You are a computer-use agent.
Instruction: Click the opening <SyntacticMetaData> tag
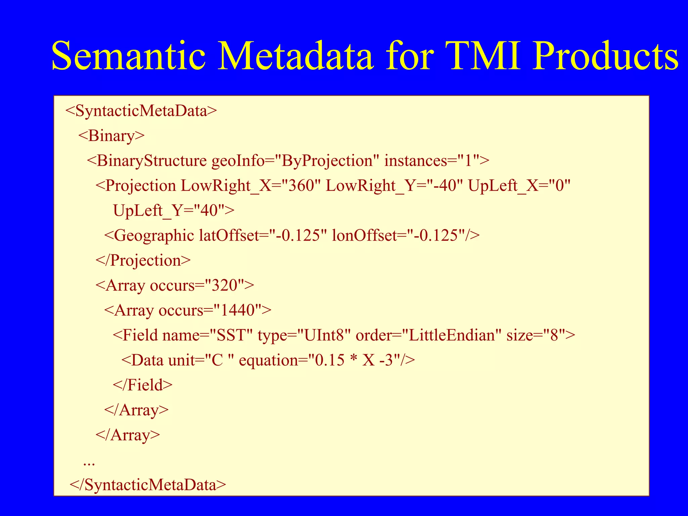(x=141, y=111)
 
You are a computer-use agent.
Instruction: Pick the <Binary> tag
(x=111, y=136)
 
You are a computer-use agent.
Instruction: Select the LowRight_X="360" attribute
(x=250, y=186)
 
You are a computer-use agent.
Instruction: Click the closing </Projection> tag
(x=143, y=260)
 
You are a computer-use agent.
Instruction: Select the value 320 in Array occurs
(x=224, y=285)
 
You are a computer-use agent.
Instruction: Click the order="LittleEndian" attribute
(x=428, y=335)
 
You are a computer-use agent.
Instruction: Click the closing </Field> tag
(x=142, y=385)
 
